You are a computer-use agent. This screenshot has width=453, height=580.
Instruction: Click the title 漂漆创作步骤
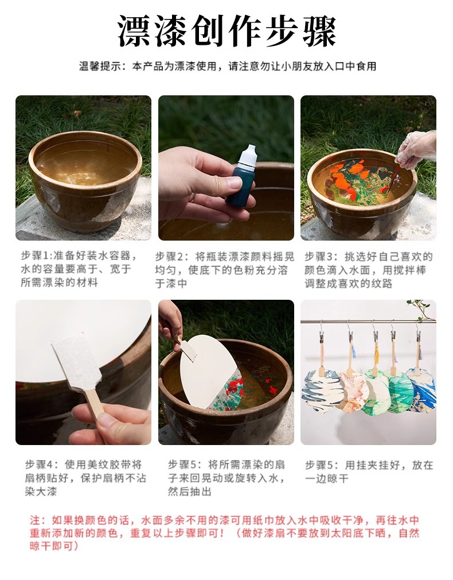[226, 32]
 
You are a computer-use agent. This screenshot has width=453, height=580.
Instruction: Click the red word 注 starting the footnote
[34, 520]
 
